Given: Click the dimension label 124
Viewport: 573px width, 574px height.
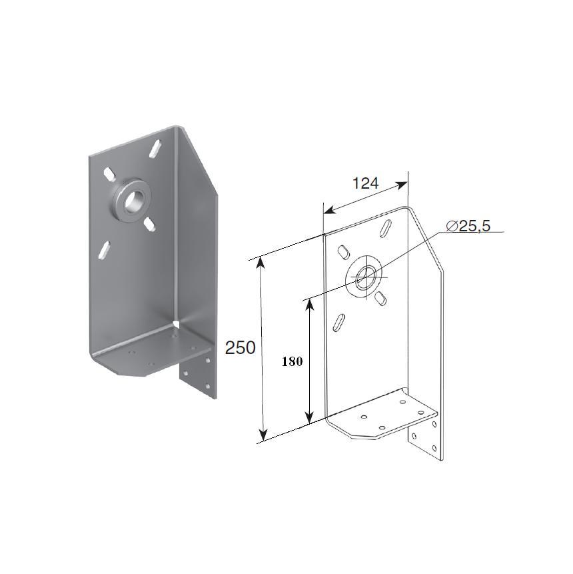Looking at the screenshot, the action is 365,183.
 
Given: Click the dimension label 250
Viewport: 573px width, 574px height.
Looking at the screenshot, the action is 240,348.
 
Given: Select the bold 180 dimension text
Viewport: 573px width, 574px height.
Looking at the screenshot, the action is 292,362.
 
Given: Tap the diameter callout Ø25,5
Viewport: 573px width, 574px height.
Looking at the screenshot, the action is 468,226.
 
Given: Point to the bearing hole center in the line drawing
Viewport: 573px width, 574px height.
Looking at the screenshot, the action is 362,277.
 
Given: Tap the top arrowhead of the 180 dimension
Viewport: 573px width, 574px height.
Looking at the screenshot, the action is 310,305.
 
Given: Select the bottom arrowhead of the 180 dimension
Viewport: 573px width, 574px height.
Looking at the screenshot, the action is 310,417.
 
